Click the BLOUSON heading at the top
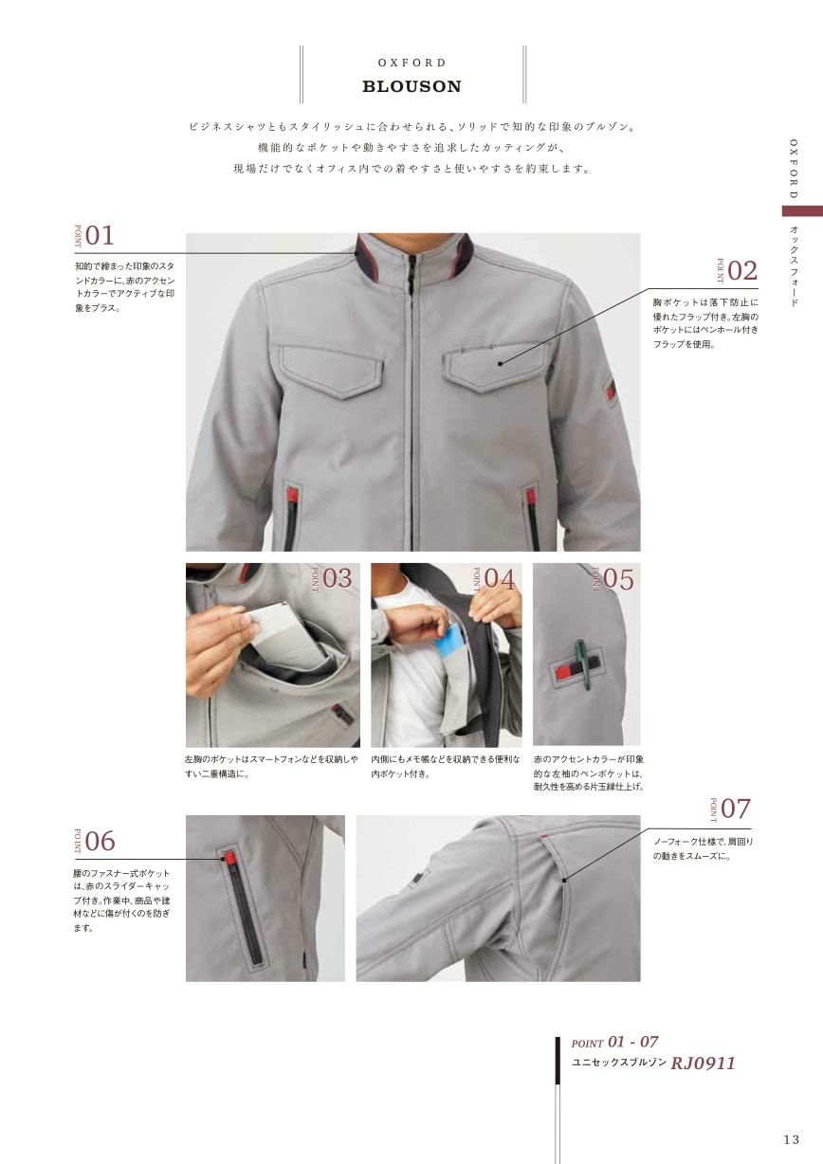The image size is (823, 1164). (411, 86)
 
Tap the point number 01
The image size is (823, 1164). (100, 236)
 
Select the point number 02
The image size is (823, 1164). (742, 271)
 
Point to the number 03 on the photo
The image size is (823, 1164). (338, 579)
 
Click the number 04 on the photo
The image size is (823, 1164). (500, 579)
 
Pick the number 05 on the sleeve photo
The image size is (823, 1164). (619, 579)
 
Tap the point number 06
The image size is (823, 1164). (100, 842)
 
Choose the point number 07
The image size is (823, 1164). (736, 809)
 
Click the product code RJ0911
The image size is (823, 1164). (703, 1064)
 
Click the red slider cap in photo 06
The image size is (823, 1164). (229, 859)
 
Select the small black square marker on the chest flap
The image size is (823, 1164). (500, 364)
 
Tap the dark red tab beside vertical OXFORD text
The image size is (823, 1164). (802, 211)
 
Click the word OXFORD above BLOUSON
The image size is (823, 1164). (411, 63)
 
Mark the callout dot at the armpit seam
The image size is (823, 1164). (564, 881)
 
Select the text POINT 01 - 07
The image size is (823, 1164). (614, 1042)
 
